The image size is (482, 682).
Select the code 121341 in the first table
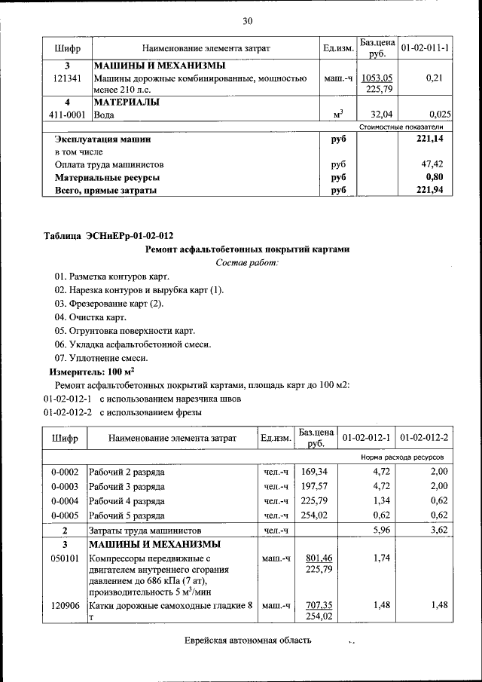(x=67, y=78)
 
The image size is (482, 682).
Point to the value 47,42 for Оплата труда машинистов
(x=432, y=164)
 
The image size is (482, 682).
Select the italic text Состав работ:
(x=247, y=262)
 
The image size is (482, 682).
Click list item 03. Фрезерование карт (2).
(x=108, y=304)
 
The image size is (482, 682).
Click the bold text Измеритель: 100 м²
(x=92, y=372)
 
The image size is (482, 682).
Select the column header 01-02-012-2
(x=425, y=438)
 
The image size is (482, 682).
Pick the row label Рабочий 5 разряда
(x=127, y=515)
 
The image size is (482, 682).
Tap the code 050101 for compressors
(x=65, y=558)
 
